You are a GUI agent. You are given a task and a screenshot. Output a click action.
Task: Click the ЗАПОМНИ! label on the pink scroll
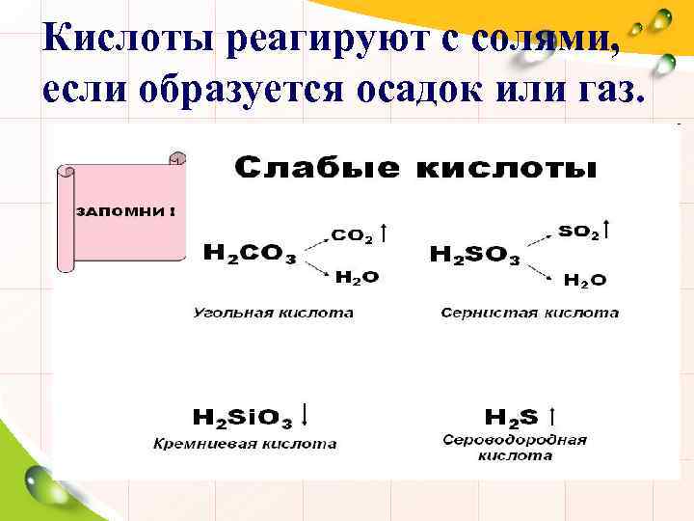tap(126, 212)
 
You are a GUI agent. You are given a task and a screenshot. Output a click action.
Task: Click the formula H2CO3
tap(250, 253)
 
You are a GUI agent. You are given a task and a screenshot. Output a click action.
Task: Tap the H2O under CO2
tap(357, 277)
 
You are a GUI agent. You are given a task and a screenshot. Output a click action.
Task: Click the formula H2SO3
tap(474, 255)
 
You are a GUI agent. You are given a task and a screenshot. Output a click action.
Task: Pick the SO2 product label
tap(578, 233)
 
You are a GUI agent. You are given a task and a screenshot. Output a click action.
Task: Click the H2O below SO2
tap(585, 281)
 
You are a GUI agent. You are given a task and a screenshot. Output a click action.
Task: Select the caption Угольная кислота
tap(274, 313)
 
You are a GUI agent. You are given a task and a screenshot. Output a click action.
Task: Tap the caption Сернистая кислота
tap(530, 313)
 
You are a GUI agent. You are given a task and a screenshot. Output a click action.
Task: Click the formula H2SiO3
tap(243, 418)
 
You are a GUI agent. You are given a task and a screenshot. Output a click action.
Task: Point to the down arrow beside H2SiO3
tap(306, 414)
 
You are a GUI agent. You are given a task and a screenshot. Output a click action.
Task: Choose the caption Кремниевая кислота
tap(246, 444)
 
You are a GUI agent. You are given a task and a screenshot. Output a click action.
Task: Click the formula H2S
tap(511, 418)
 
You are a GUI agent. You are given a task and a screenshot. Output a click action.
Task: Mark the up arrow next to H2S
tap(551, 416)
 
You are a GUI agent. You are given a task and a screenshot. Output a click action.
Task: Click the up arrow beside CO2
tap(385, 233)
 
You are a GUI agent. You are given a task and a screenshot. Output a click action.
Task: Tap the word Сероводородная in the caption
tap(515, 440)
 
